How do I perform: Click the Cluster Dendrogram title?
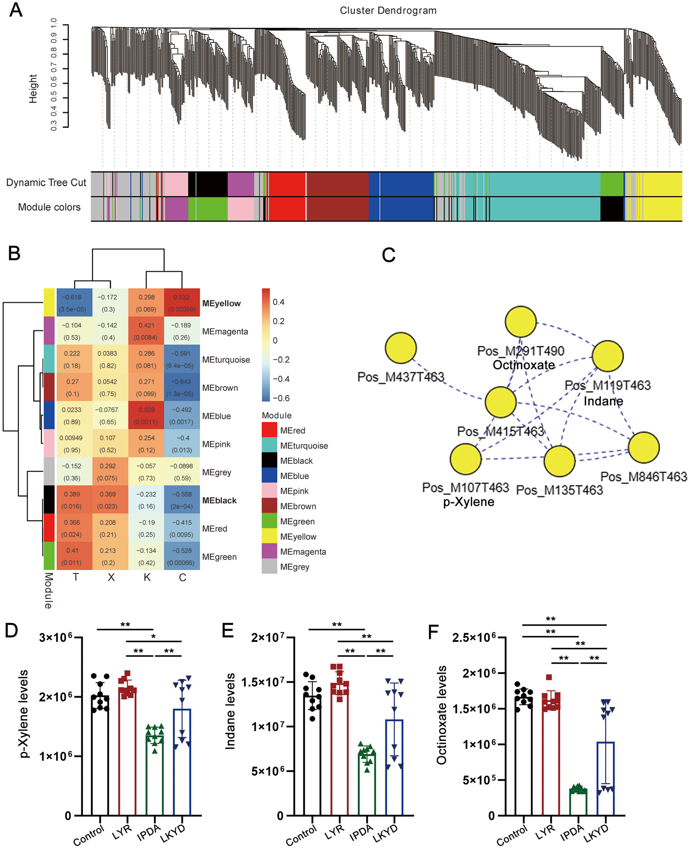pyautogui.click(x=388, y=11)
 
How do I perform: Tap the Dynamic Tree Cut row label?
pyautogui.click(x=46, y=182)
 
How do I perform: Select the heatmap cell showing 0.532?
pyautogui.click(x=182, y=303)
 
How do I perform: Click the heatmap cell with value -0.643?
pyautogui.click(x=182, y=387)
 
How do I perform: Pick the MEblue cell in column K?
pyautogui.click(x=146, y=415)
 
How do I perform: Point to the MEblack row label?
pyautogui.click(x=219, y=501)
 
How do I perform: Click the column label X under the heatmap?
pyautogui.click(x=111, y=577)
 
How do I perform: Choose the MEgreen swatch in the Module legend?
pyautogui.click(x=269, y=521)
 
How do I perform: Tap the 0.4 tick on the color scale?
pyautogui.click(x=278, y=302)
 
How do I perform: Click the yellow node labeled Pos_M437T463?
pyautogui.click(x=401, y=348)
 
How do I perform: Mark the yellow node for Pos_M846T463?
pyautogui.click(x=644, y=447)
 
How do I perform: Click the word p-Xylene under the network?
pyautogui.click(x=468, y=502)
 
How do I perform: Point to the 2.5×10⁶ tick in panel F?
pyautogui.click(x=474, y=637)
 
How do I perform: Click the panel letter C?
pyautogui.click(x=388, y=255)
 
